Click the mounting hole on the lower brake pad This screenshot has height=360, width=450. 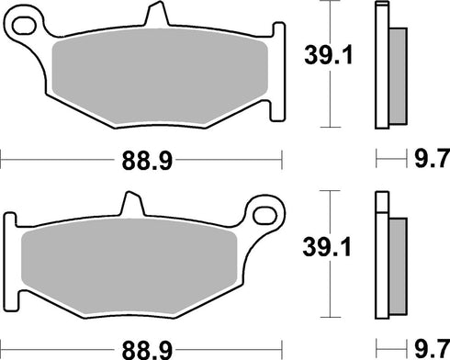(x=269, y=216)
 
